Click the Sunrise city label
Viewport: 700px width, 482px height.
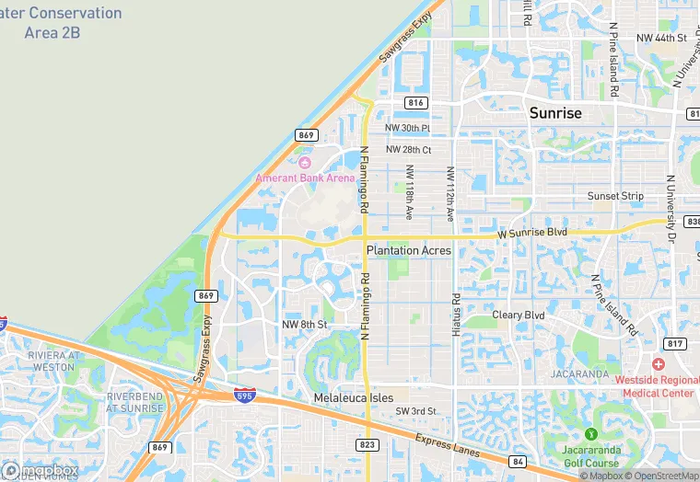tap(555, 113)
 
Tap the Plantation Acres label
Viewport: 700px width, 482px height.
tap(408, 250)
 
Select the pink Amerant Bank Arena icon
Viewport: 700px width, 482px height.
tap(305, 162)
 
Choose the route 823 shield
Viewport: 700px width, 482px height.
tap(366, 444)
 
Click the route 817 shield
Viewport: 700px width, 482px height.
tap(675, 344)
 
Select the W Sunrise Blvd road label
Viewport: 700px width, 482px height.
tap(531, 235)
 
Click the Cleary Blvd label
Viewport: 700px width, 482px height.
tap(519, 316)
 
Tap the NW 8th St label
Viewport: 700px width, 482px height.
tap(305, 325)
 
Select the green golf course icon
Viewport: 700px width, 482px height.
tap(589, 433)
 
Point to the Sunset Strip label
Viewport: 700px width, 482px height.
tap(615, 197)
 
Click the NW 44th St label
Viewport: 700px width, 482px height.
tap(661, 38)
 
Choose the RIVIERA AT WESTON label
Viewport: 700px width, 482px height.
tap(40, 361)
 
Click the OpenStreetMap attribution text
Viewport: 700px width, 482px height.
tap(662, 476)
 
